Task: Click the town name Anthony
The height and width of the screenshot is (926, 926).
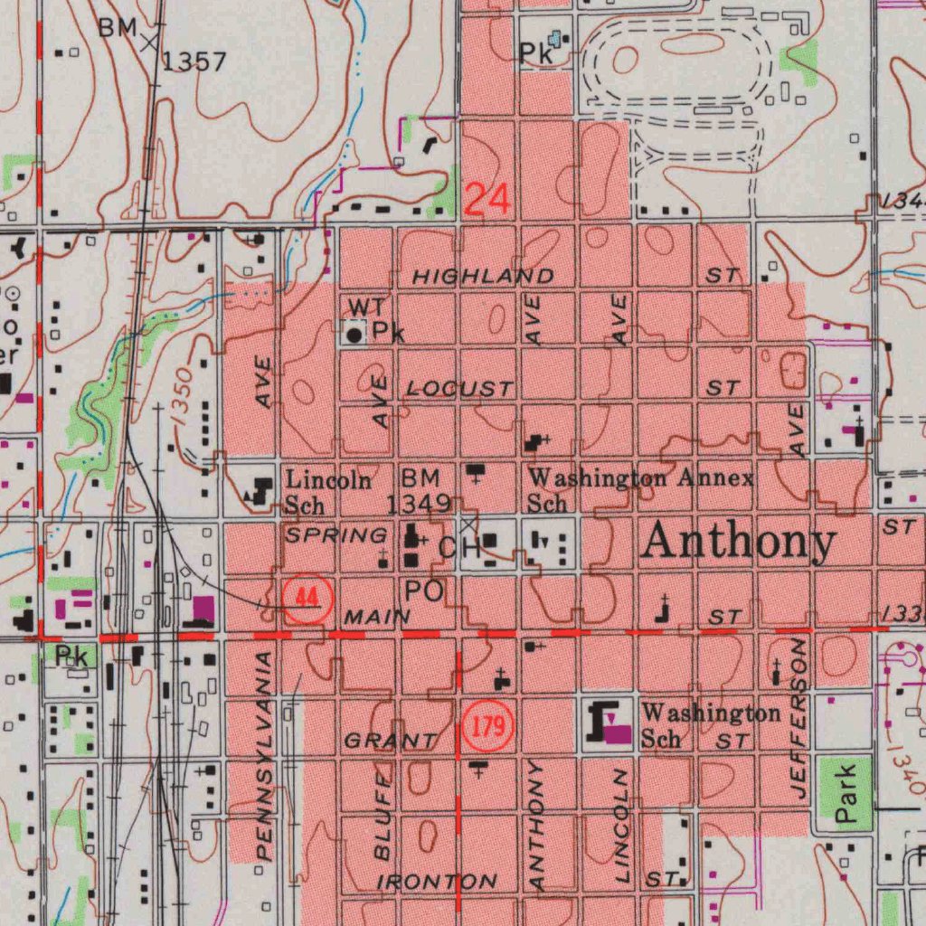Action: [x=738, y=542]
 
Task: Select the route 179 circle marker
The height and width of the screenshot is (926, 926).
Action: [x=488, y=726]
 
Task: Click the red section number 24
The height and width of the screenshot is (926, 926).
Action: [x=487, y=199]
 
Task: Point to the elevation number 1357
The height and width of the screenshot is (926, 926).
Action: [x=194, y=61]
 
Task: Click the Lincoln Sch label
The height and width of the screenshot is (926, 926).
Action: [x=328, y=491]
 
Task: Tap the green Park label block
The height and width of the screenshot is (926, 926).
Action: [x=845, y=794]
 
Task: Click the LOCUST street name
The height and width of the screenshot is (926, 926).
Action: [x=458, y=389]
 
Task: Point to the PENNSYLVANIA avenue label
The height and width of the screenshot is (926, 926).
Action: [x=263, y=755]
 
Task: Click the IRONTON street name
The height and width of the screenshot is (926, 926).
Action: [x=438, y=881]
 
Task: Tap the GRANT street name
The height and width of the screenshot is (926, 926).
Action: [x=389, y=741]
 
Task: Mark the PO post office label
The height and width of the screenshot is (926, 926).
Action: [x=423, y=591]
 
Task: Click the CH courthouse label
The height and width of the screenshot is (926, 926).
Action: [x=458, y=547]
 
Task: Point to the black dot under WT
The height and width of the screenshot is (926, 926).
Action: [x=354, y=335]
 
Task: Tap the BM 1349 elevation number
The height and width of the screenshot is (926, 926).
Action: [x=419, y=503]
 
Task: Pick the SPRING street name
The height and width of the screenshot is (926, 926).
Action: [x=335, y=535]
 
